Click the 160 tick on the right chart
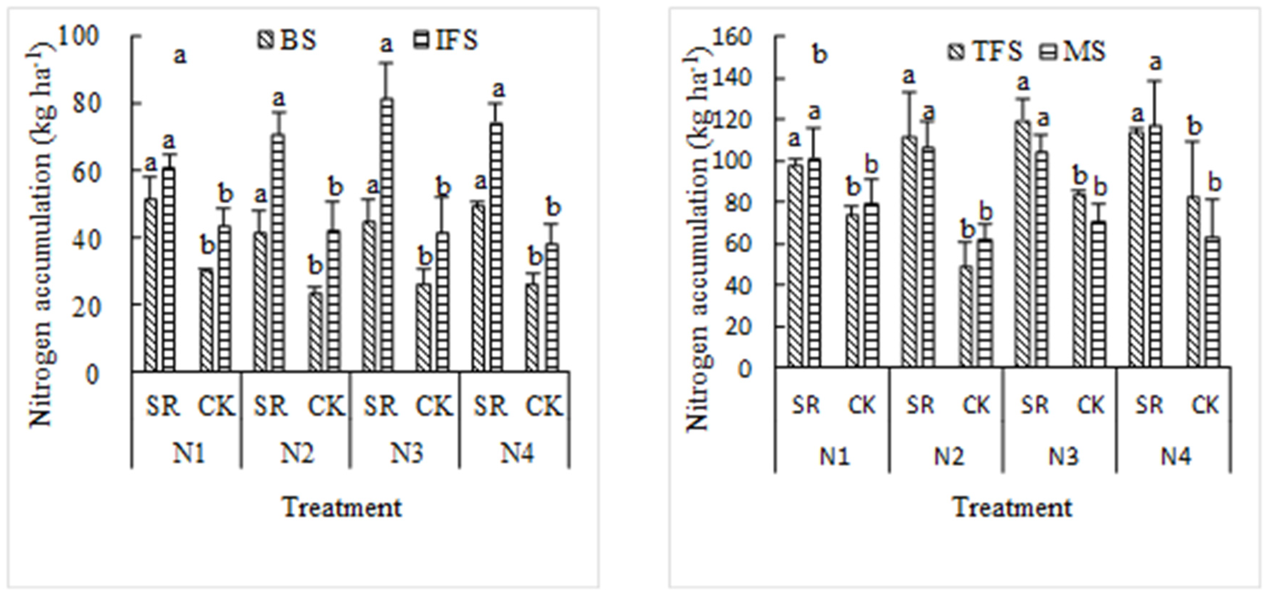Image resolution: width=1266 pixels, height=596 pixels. tap(732, 37)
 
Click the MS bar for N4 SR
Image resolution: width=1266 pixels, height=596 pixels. tap(1155, 246)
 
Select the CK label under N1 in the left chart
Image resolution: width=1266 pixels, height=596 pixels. tap(216, 406)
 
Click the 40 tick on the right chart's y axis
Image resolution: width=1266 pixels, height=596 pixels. tap(738, 286)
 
